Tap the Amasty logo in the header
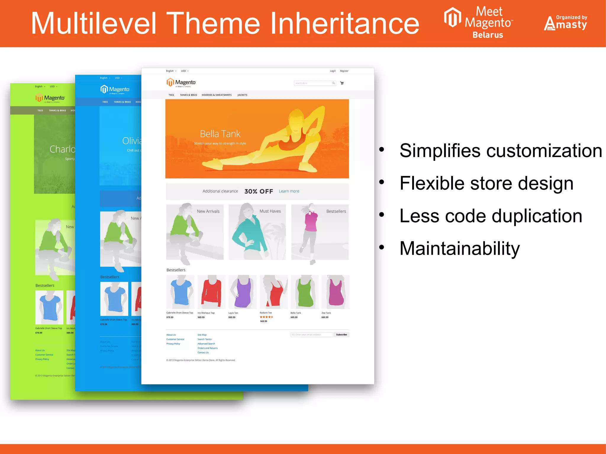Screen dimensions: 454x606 tap(565, 23)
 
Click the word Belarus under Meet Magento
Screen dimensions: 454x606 tap(488, 35)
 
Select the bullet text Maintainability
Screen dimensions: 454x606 tap(459, 248)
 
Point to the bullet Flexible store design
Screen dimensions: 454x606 tap(486, 183)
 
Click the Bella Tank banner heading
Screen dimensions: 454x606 tap(220, 134)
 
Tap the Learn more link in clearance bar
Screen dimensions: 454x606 tap(289, 191)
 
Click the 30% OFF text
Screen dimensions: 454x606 tap(259, 191)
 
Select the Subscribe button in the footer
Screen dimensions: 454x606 tap(341, 335)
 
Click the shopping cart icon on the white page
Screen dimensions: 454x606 tap(342, 83)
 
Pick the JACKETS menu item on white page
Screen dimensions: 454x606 tap(242, 95)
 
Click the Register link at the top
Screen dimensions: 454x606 tap(344, 71)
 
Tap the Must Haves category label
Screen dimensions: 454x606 tap(270, 211)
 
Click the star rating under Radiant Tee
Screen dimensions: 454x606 tap(266, 317)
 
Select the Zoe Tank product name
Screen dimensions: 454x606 tap(326, 313)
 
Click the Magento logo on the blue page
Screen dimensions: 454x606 tap(115, 89)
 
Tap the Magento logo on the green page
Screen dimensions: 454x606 tap(50, 98)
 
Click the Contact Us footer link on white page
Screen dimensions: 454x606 tap(203, 353)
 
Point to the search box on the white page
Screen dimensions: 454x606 tap(313, 83)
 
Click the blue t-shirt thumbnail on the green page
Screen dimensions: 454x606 tap(49, 307)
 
